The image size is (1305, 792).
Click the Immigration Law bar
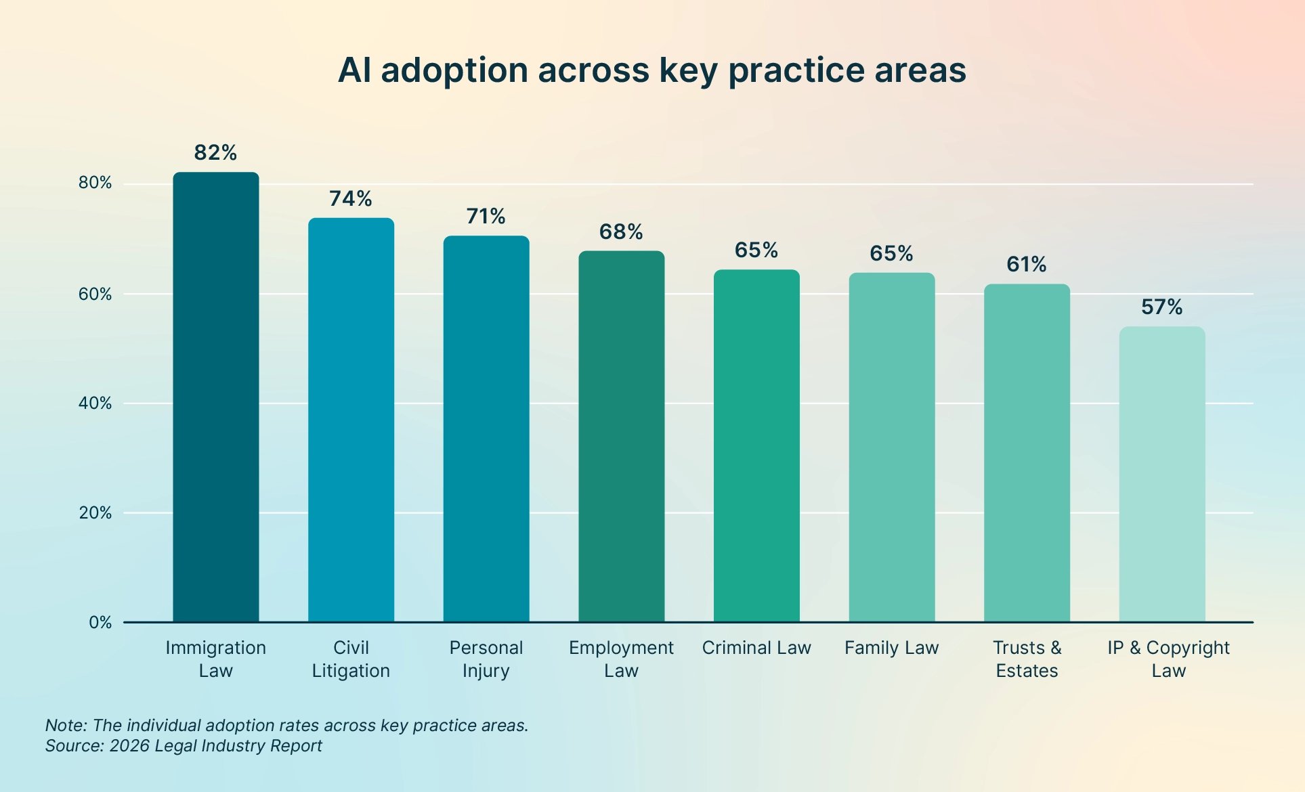coord(216,397)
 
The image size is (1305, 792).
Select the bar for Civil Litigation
coord(351,420)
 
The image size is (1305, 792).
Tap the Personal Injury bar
coord(486,428)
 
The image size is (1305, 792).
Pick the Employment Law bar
coord(622,436)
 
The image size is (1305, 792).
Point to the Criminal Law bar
coord(756,445)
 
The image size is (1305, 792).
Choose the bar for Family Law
coord(892,447)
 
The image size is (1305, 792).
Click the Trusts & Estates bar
coord(1027,453)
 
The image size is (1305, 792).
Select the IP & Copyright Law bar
coord(1162,474)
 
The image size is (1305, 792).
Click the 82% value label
coord(215,153)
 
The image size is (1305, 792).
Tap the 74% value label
coord(351,199)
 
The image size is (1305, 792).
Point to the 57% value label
coord(1162,307)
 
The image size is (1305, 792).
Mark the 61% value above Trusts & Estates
coord(1027,264)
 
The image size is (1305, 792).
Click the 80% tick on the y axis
coord(95,183)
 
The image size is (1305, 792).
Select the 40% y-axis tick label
coord(95,403)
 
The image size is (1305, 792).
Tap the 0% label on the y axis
coord(100,623)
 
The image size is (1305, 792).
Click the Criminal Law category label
coord(756,648)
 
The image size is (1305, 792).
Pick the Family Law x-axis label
coord(892,648)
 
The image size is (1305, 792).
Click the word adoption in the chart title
coord(454,71)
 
